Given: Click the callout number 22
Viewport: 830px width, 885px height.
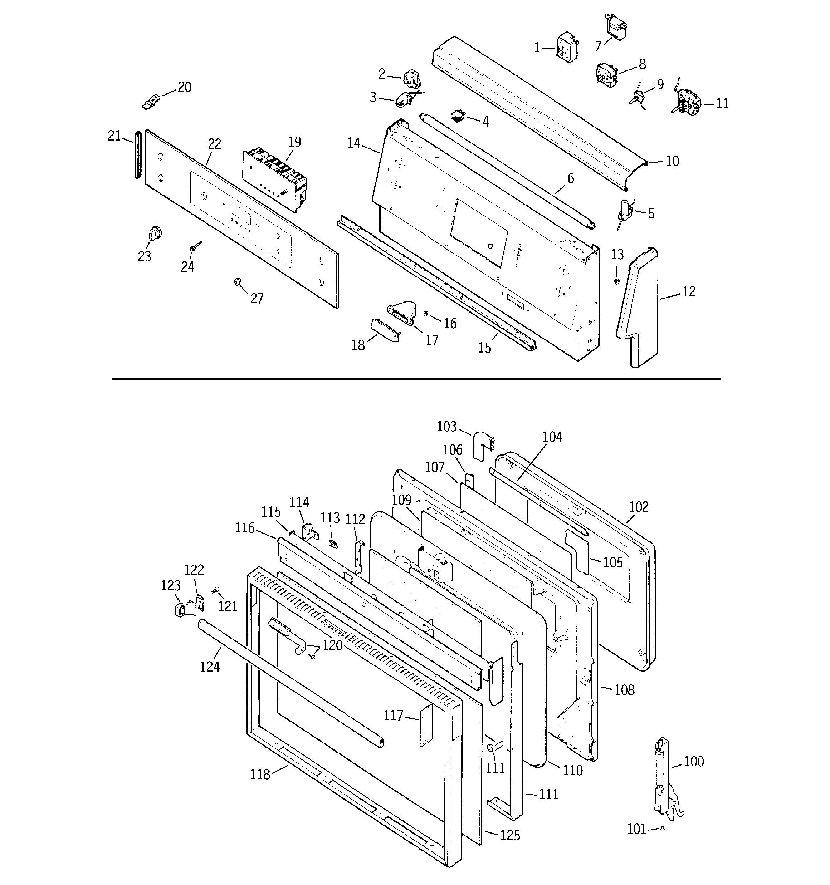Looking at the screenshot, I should pos(214,144).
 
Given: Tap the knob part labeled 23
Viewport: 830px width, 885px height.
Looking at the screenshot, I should pos(154,233).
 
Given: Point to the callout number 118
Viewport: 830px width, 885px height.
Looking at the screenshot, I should pos(260,775).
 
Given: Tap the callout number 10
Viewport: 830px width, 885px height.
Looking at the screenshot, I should pos(672,161).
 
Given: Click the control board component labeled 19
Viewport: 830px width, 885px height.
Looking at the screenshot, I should pos(274,178).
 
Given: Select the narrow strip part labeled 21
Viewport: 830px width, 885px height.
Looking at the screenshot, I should pos(138,154).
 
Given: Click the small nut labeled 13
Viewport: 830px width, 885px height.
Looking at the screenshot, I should pos(616,281).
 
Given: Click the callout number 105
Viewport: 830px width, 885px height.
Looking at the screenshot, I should pos(612,562).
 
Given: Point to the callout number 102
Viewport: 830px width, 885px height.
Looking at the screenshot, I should pos(639,507).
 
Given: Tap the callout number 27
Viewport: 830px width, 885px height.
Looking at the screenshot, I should pos(257,298).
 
